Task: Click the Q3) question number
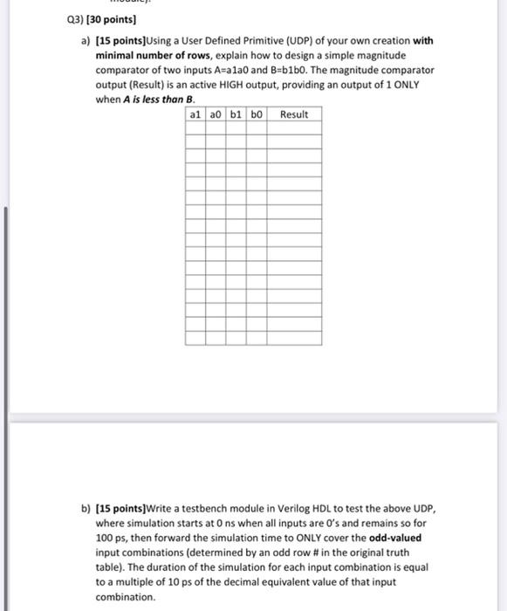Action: click(30, 19)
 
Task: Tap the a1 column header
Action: click(196, 114)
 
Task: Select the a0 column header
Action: click(216, 114)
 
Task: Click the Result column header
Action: click(294, 114)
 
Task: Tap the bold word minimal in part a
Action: click(113, 55)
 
